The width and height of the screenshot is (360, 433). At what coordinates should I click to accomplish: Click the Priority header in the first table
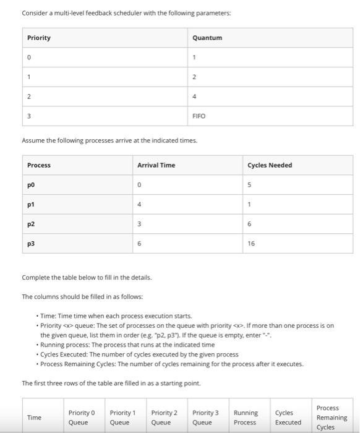pos(39,38)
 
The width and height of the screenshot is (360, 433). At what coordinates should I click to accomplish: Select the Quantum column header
pos(207,38)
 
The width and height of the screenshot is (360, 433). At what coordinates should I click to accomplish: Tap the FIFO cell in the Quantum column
pos(199,116)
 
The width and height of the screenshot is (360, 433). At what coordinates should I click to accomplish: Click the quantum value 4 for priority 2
pos(194,96)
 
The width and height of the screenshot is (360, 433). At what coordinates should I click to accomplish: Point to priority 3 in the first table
pos(28,116)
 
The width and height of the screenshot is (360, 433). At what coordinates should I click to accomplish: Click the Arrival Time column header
pos(156,165)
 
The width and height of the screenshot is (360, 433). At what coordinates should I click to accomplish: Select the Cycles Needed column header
pos(270,165)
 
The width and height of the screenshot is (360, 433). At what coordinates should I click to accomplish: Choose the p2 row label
pos(31,225)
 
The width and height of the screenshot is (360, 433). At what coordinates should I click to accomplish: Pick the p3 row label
pos(31,244)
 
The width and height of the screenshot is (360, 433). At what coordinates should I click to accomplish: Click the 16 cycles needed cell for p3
pos(252,244)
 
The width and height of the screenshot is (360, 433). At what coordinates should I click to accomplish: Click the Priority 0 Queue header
pos(82,418)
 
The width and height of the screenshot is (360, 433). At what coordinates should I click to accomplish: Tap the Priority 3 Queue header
pos(205,418)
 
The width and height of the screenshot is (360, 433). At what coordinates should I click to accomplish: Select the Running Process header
pos(246,418)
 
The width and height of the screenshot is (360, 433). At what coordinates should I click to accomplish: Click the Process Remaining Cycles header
pos(332,418)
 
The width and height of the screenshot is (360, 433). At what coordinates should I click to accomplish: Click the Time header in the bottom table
pos(34,418)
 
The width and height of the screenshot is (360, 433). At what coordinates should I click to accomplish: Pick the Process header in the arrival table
pos(39,165)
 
